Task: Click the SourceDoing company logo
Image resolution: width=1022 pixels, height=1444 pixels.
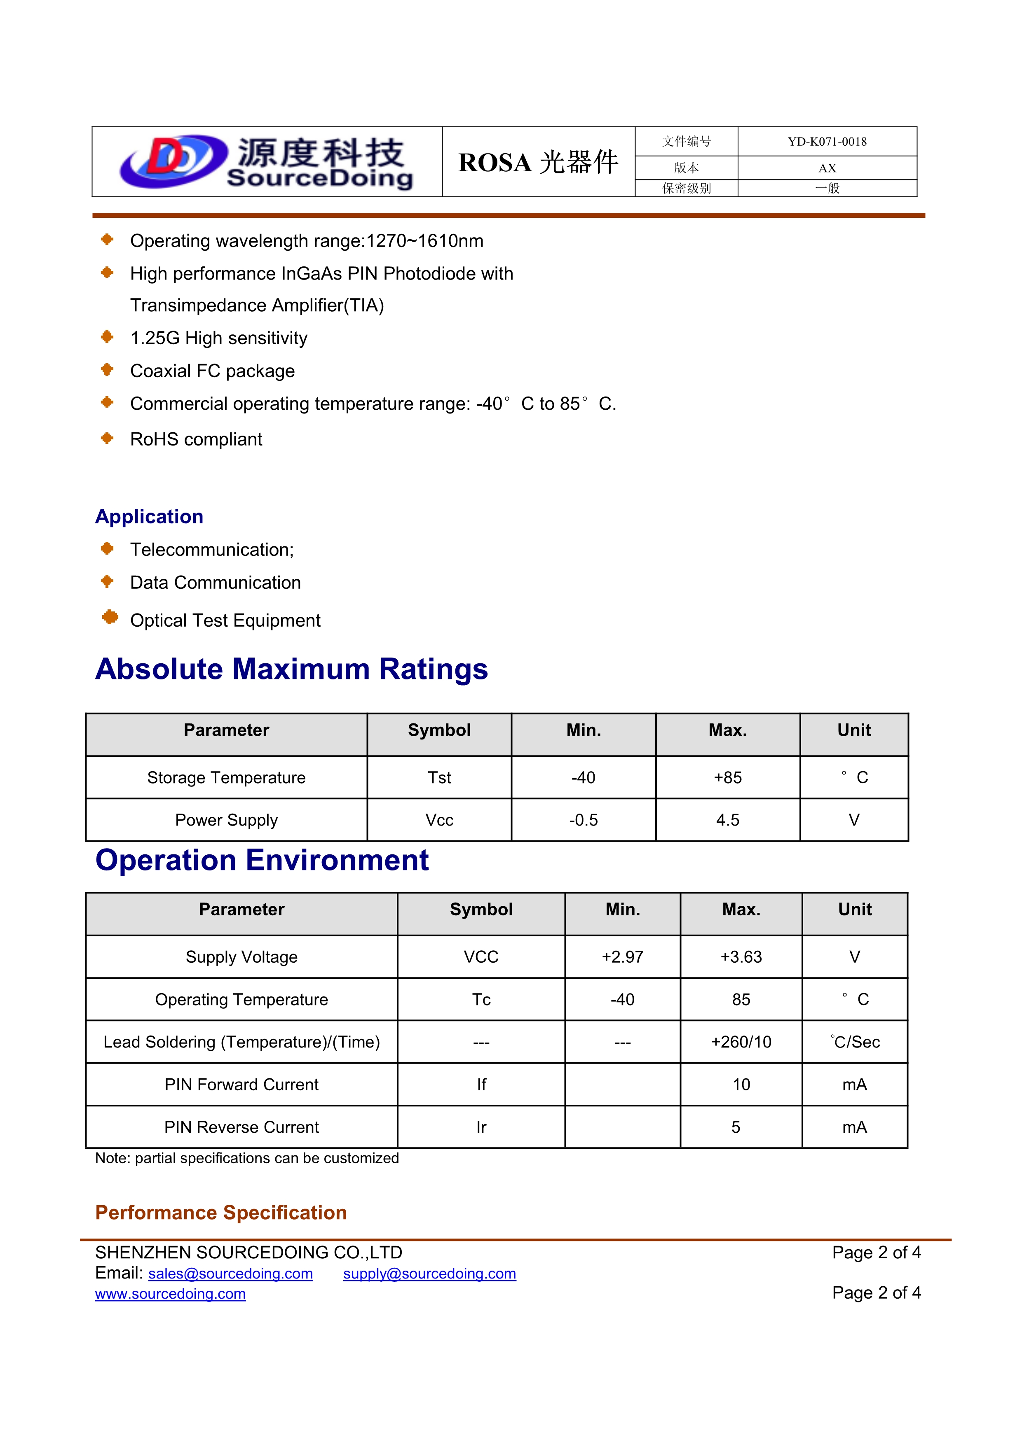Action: coord(267,162)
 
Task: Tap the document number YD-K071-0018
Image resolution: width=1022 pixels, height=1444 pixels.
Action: coord(827,142)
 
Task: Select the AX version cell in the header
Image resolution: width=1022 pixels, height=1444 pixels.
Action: coord(827,168)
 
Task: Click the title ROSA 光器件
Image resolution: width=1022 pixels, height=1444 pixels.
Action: coord(538,162)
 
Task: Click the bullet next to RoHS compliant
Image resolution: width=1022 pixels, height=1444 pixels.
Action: coord(108,438)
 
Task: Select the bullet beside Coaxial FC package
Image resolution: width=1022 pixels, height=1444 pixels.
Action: coord(108,370)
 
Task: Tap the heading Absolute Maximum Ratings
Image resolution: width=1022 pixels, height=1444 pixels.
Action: coord(291,669)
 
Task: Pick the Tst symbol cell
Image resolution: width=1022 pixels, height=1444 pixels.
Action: coord(439,778)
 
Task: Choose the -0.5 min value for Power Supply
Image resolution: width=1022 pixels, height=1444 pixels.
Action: coord(584,820)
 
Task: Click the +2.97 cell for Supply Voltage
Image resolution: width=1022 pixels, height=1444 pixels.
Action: coord(622,957)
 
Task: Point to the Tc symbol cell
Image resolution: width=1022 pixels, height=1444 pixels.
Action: coord(481,1000)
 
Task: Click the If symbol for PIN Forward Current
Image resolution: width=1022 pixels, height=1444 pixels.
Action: coord(481,1085)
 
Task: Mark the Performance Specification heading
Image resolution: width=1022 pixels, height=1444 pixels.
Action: coord(221,1213)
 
